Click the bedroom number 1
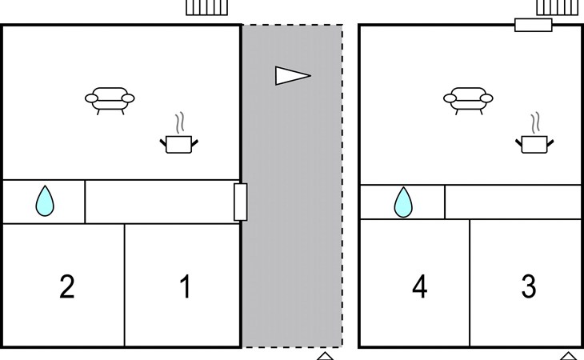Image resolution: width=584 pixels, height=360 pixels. [x=186, y=286]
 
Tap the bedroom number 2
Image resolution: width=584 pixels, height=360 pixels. [x=67, y=286]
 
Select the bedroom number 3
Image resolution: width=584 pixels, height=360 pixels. [x=529, y=286]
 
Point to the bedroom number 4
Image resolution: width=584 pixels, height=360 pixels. [x=420, y=286]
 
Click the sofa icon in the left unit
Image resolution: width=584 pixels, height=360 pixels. [x=110, y=100]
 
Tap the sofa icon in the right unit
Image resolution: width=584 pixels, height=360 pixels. [x=468, y=100]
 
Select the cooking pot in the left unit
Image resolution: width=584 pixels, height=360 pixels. [x=178, y=145]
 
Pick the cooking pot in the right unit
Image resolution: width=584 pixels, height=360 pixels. [x=534, y=145]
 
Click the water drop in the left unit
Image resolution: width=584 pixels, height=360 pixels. [x=45, y=202]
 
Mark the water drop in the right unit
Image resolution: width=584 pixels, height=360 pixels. [x=403, y=203]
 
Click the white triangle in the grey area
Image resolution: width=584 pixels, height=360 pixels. [x=293, y=75]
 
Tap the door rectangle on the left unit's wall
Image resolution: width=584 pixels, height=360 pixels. [x=241, y=202]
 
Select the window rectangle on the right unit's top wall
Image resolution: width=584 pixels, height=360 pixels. [x=534, y=25]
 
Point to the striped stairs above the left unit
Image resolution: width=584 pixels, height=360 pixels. [x=206, y=7]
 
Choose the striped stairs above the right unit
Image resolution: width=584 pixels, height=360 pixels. [x=558, y=7]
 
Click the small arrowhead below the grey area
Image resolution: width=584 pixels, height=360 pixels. [x=325, y=356]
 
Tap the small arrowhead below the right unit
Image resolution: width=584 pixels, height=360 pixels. [x=568, y=356]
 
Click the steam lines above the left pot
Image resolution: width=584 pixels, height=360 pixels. [x=180, y=123]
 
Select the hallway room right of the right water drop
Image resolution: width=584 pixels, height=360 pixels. [x=513, y=202]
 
